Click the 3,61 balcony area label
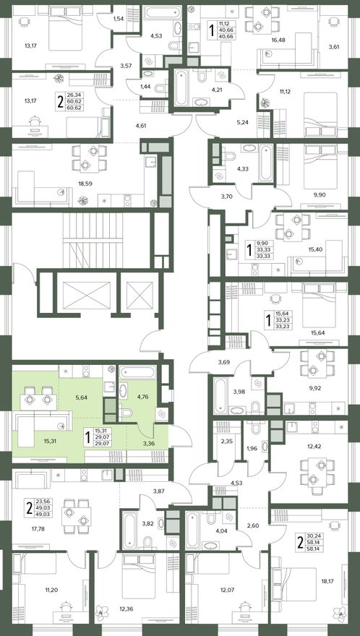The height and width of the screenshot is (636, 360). pos(335,46)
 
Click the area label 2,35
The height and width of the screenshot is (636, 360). pos(226,443)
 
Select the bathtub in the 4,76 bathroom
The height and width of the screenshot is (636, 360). pos(137,372)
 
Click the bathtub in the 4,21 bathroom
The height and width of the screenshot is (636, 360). pos(181,87)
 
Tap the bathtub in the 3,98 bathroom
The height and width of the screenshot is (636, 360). pos(220,395)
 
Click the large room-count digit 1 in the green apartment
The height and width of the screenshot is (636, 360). pos(87,437)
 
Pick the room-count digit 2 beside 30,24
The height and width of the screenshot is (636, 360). pos(300,542)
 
